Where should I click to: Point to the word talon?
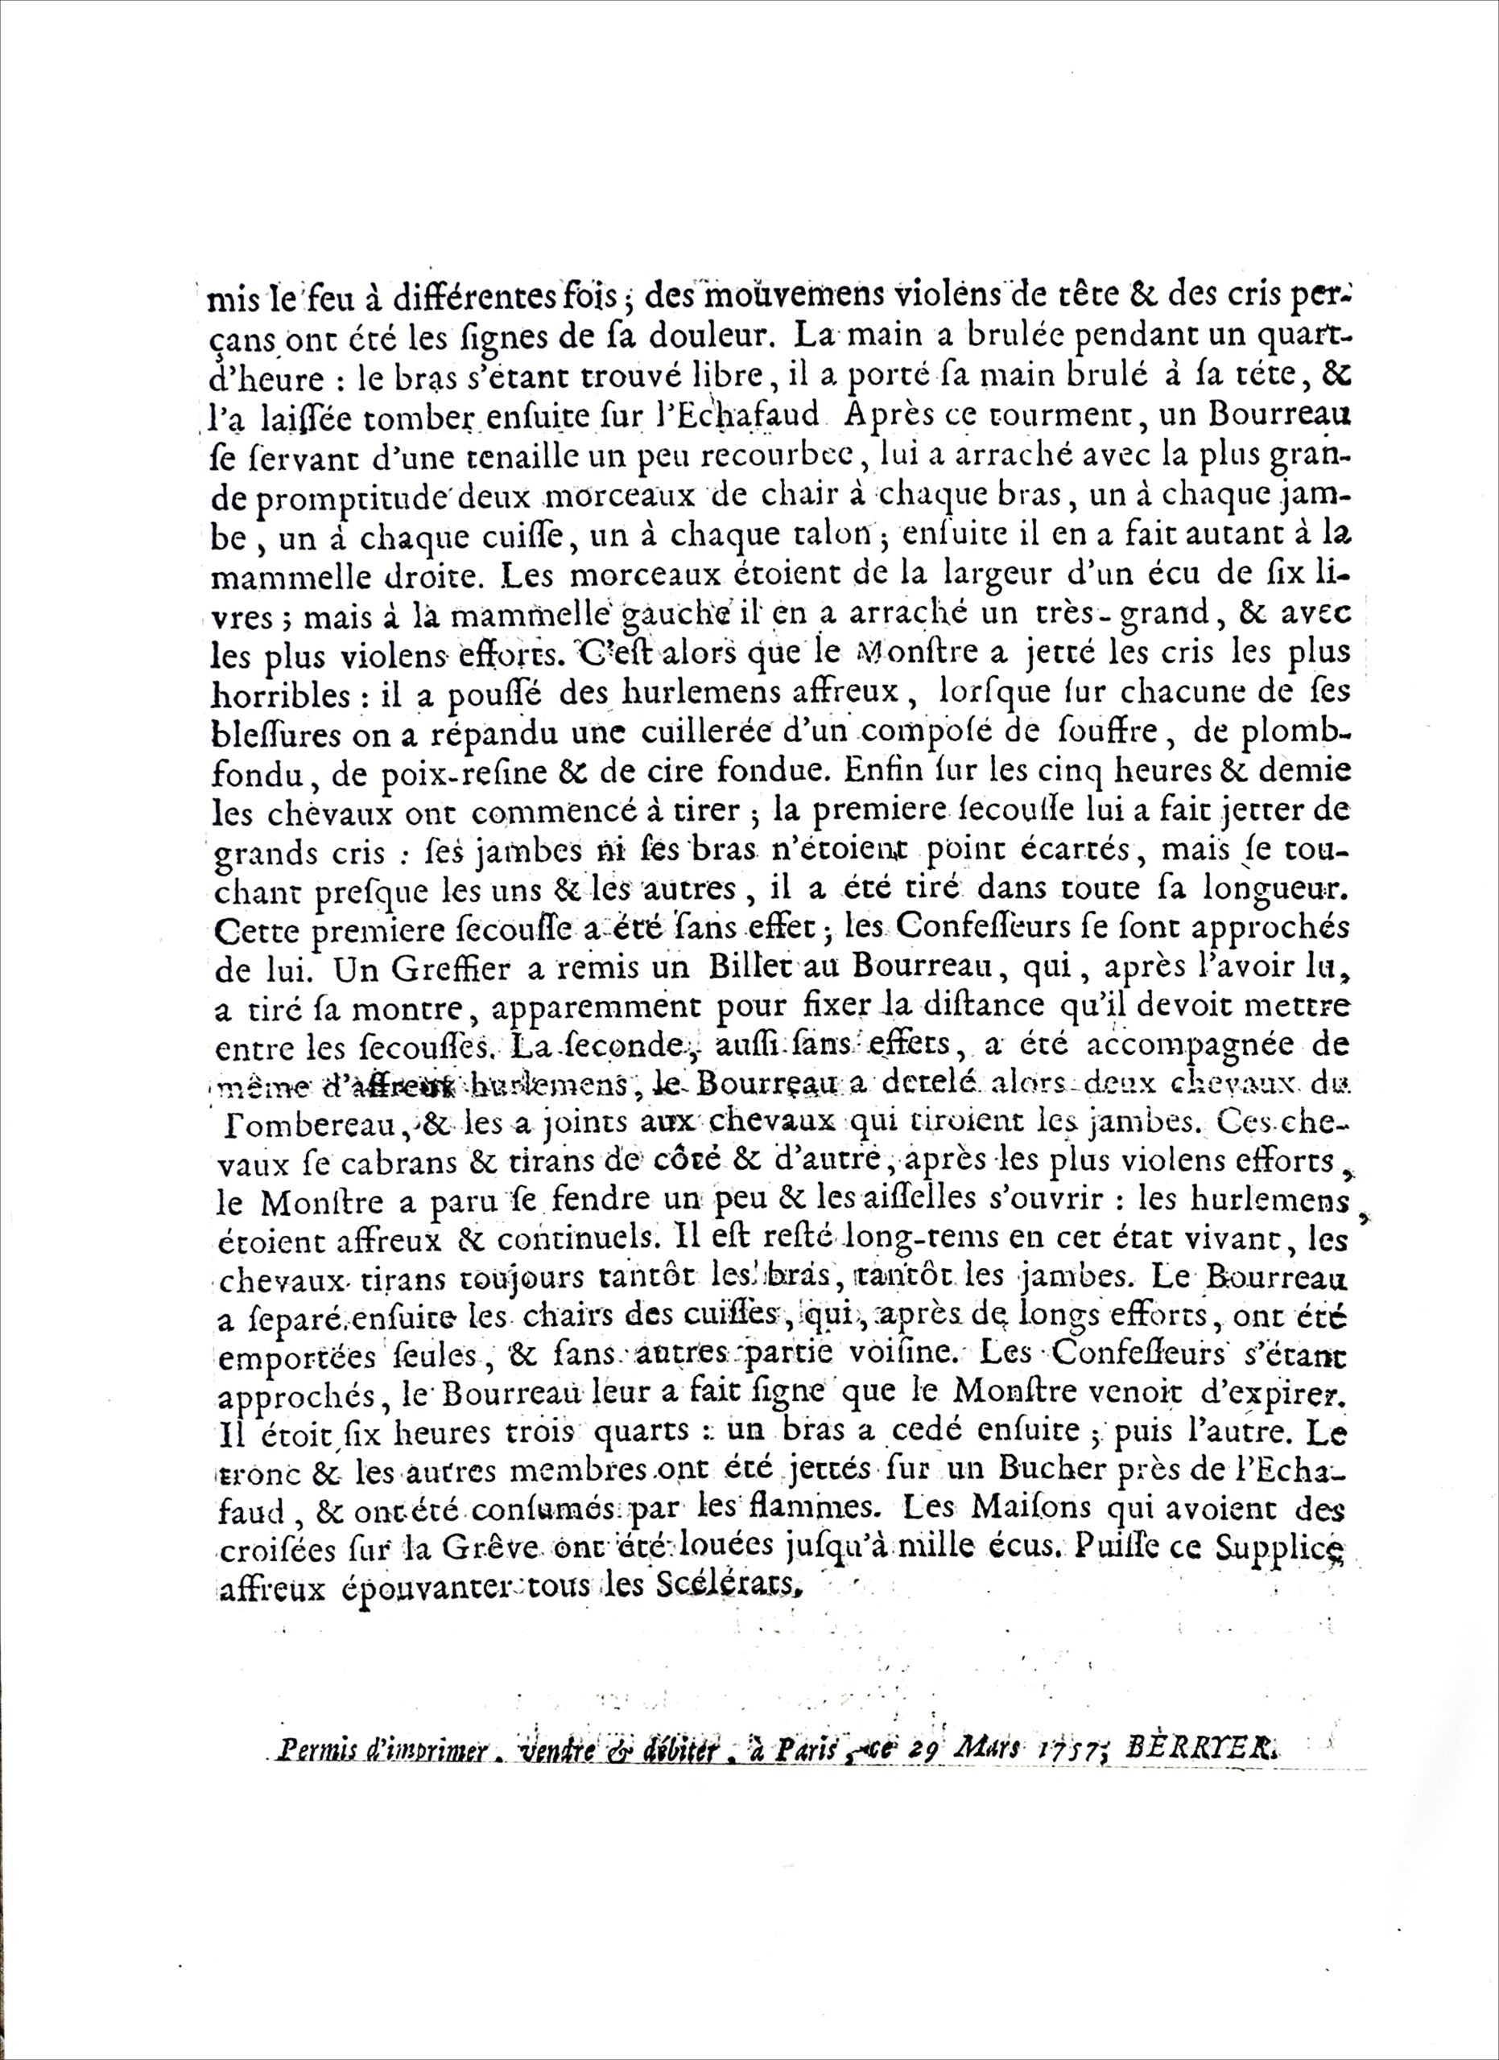coord(841,538)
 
